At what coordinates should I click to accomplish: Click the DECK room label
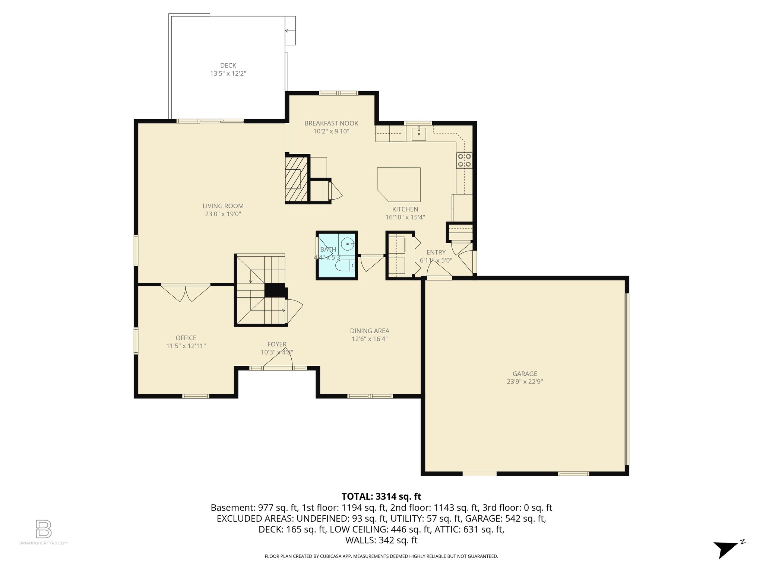(x=228, y=66)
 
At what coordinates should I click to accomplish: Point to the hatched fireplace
(x=297, y=179)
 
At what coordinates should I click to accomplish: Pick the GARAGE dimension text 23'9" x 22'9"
(x=525, y=382)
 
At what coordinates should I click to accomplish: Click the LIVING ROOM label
(x=223, y=206)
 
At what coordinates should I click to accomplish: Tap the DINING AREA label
(x=370, y=331)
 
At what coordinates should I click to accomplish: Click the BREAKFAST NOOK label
(x=331, y=123)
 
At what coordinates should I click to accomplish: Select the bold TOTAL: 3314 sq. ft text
(x=381, y=496)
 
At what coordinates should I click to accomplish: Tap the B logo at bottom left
(x=44, y=529)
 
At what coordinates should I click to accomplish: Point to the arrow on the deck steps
(x=287, y=31)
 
